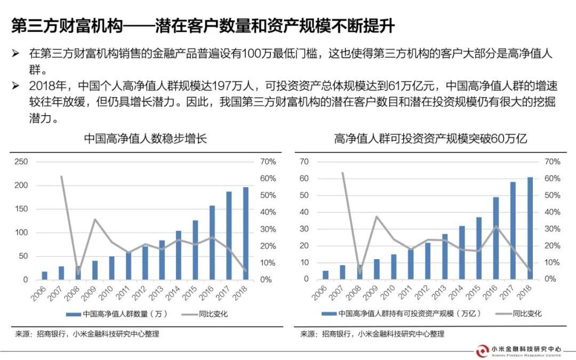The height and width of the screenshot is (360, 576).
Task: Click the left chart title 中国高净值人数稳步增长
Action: click(x=145, y=139)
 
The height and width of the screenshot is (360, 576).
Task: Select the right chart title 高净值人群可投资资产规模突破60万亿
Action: click(x=430, y=139)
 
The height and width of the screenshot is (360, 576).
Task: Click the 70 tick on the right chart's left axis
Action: click(x=304, y=162)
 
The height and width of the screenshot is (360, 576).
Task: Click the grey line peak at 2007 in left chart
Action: click(x=61, y=177)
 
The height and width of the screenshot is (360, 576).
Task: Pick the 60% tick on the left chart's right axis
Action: click(x=268, y=178)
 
